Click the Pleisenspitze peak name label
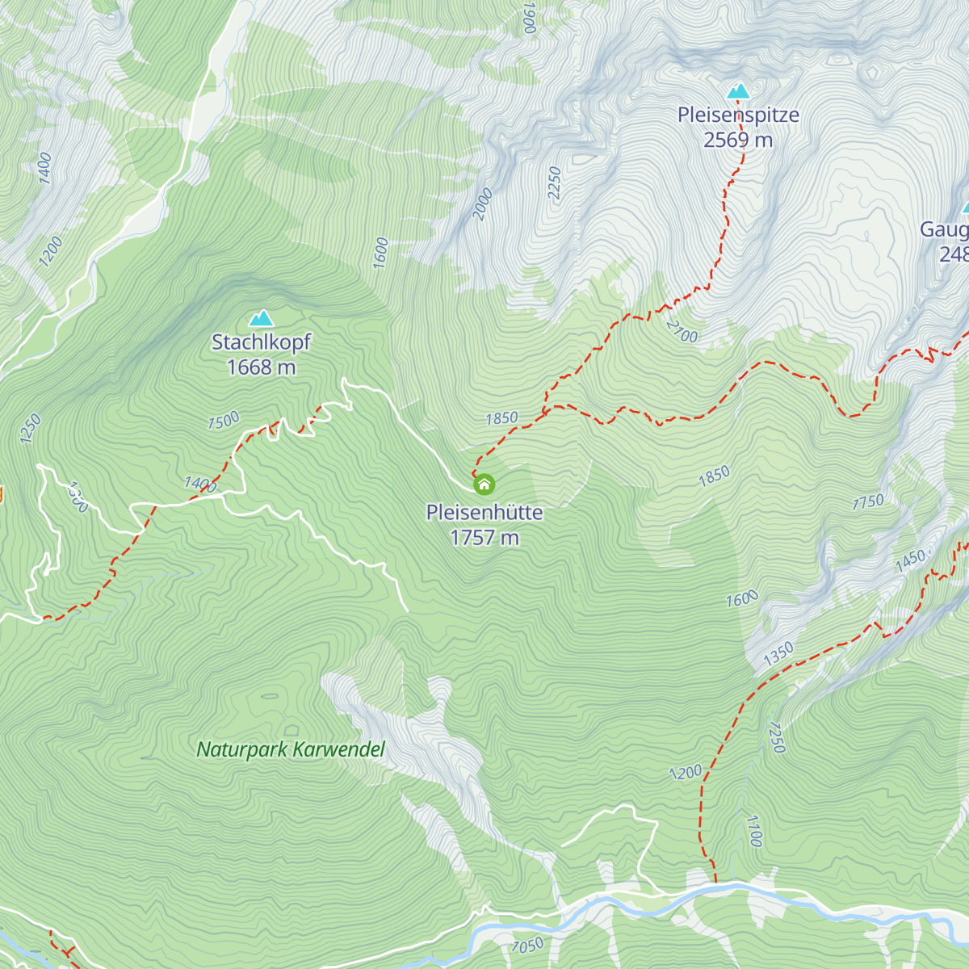point(738,115)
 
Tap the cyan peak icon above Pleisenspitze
point(738,91)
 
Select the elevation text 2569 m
point(738,140)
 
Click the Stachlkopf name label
point(261,342)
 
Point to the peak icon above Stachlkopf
point(261,319)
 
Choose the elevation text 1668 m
point(261,367)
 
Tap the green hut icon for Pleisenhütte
point(484,484)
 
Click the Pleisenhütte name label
point(484,512)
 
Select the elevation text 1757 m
point(484,538)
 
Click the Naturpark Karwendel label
point(291,749)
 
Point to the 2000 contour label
point(483,203)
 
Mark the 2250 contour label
point(554,183)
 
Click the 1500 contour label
point(223,421)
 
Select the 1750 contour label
point(868,502)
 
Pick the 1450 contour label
point(910,560)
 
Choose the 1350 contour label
point(778,654)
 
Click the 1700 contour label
point(753,831)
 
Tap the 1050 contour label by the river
point(527,945)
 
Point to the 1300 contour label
point(77,497)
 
